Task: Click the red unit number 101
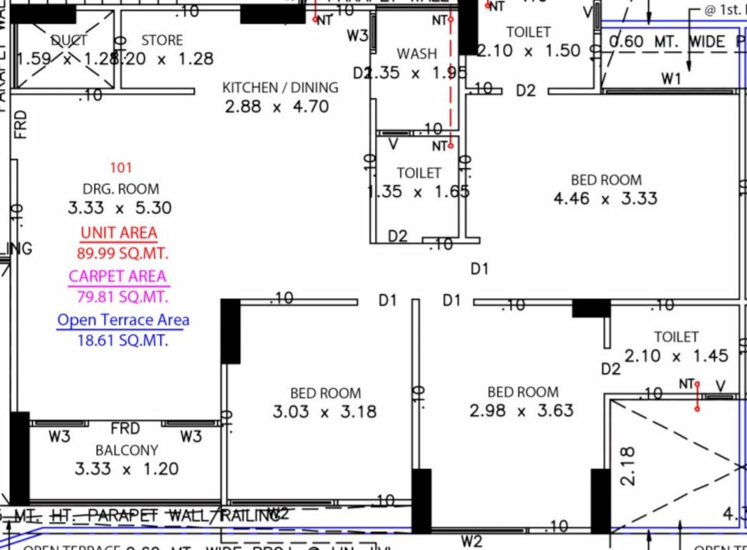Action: tap(121, 168)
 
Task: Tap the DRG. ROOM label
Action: tap(121, 189)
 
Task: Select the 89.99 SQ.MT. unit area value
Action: tap(122, 253)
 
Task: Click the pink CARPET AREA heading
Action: tap(117, 276)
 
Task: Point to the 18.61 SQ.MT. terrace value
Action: tap(122, 341)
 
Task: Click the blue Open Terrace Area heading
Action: tap(123, 320)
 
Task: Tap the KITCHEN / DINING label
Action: tap(280, 88)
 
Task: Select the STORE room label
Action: tap(162, 41)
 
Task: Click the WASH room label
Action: tap(417, 54)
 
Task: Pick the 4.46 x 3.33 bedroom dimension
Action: tap(605, 199)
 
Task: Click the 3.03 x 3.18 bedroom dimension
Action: tap(324, 412)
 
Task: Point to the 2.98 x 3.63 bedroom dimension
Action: tap(521, 411)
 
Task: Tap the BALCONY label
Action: tap(127, 450)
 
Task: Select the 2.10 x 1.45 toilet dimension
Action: tap(676, 356)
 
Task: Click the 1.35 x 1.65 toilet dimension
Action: tap(419, 192)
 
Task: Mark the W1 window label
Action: tap(671, 79)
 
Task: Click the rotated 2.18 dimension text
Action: tap(627, 466)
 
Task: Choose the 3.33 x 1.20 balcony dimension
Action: tap(127, 470)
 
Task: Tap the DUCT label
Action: tap(69, 41)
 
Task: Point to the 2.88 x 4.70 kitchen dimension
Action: tap(276, 107)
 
